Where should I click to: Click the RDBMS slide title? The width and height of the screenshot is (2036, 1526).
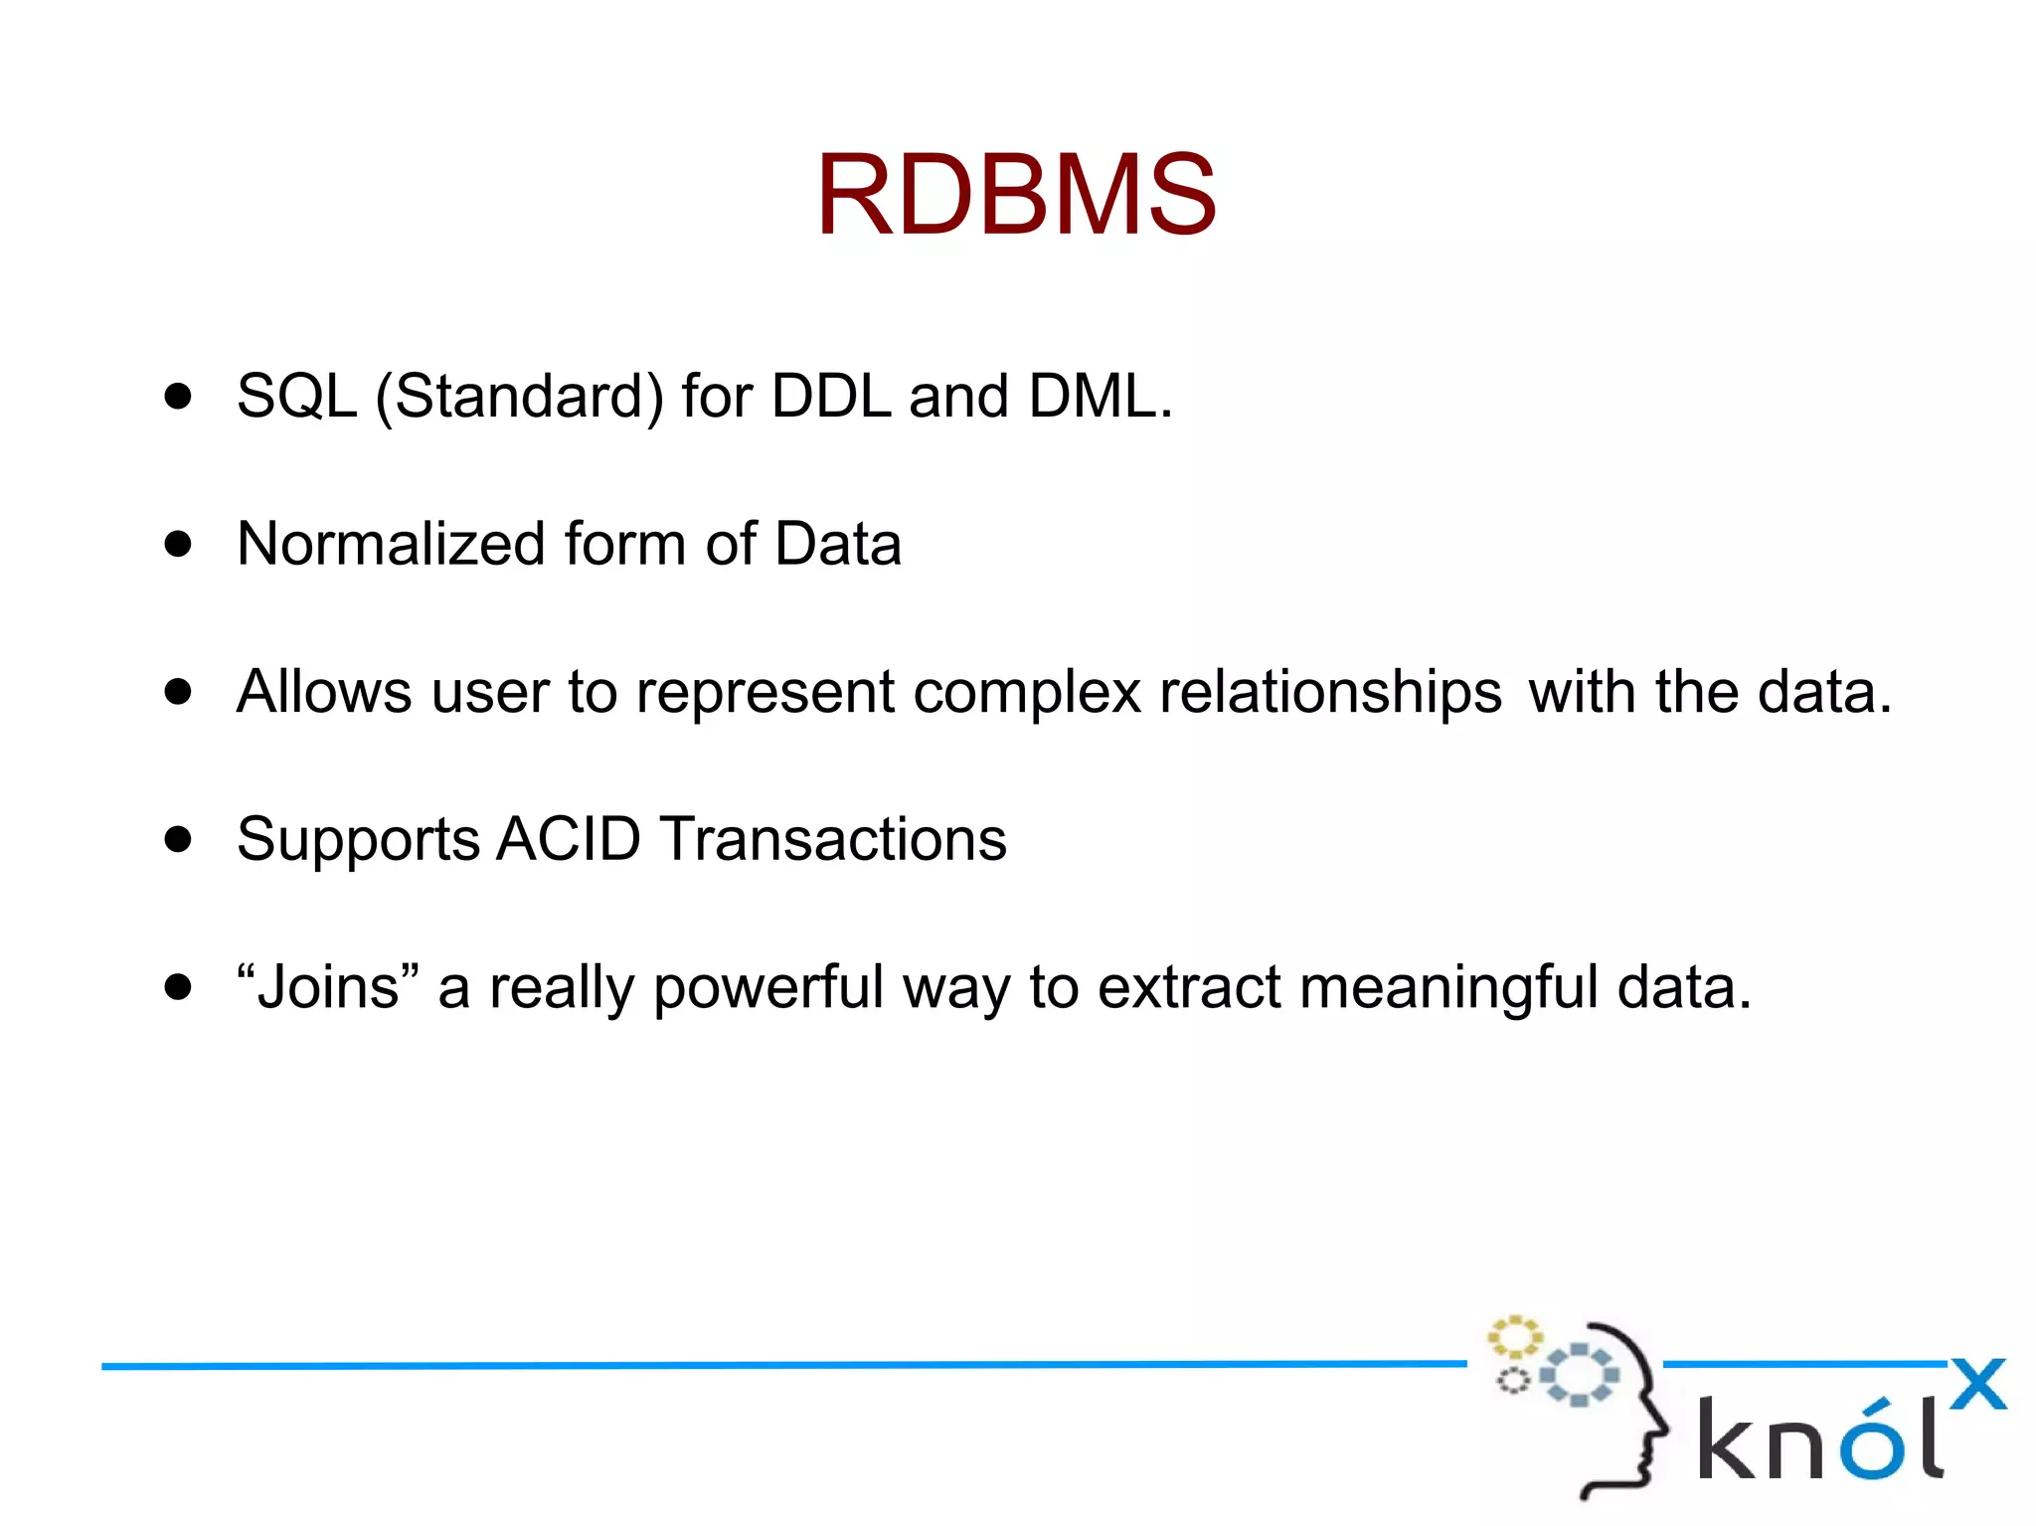(1016, 195)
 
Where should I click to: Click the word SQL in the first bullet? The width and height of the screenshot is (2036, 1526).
(296, 397)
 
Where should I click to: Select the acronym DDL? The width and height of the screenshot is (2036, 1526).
(831, 397)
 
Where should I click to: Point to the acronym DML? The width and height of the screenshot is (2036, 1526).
(1093, 397)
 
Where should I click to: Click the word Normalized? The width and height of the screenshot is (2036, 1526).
(392, 545)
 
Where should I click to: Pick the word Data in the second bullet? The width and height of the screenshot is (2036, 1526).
(837, 545)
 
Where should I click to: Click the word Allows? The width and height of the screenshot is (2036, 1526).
(323, 692)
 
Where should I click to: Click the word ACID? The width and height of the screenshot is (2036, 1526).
(568, 839)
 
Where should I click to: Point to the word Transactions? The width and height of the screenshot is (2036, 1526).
(833, 839)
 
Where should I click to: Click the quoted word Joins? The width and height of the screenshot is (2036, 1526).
(328, 987)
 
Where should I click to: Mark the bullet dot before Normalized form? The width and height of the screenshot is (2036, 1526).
(178, 545)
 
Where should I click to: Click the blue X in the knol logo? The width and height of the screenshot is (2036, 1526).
(1977, 1384)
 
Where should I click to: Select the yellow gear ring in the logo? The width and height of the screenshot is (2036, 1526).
(1513, 1338)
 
